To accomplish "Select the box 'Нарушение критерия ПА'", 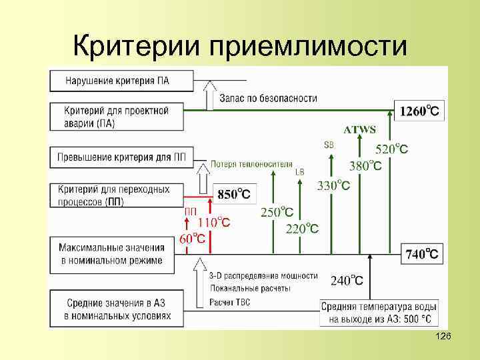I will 117,81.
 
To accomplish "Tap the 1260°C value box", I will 419,111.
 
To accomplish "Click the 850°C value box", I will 234,195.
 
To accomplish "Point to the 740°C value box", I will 422,253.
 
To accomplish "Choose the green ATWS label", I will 359,129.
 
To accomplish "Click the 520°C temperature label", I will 392,149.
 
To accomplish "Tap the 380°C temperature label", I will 366,165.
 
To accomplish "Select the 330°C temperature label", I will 333,185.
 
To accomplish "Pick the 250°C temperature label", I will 277,212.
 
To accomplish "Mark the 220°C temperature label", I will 302,228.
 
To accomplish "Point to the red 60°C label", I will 191,239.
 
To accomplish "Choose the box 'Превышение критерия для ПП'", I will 117,157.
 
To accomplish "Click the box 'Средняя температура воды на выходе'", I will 379,313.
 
